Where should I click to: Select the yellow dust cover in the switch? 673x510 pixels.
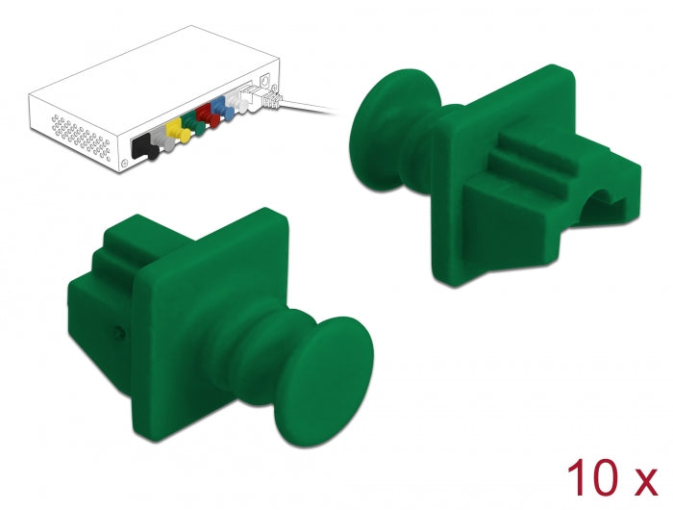[x=174, y=129]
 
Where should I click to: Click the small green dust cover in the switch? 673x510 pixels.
[x=187, y=123]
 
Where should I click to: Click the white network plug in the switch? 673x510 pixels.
[x=268, y=97]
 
